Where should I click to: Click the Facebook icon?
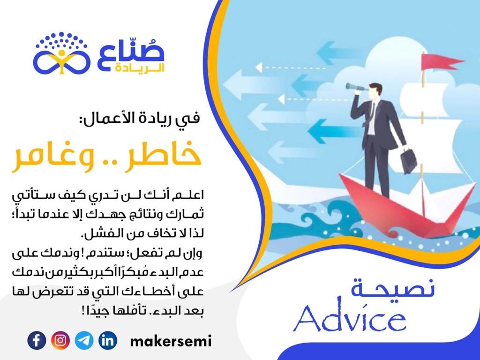(37, 340)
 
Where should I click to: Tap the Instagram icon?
(60, 340)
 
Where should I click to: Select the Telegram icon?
(84, 340)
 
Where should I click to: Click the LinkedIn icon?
(108, 340)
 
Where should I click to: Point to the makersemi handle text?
(171, 341)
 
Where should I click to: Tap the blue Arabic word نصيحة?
(393, 288)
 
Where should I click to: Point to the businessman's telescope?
(357, 88)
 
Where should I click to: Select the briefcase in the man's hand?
(409, 160)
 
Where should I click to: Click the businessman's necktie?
(372, 114)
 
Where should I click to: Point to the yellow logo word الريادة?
(140, 68)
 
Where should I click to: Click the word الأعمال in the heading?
(104, 118)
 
